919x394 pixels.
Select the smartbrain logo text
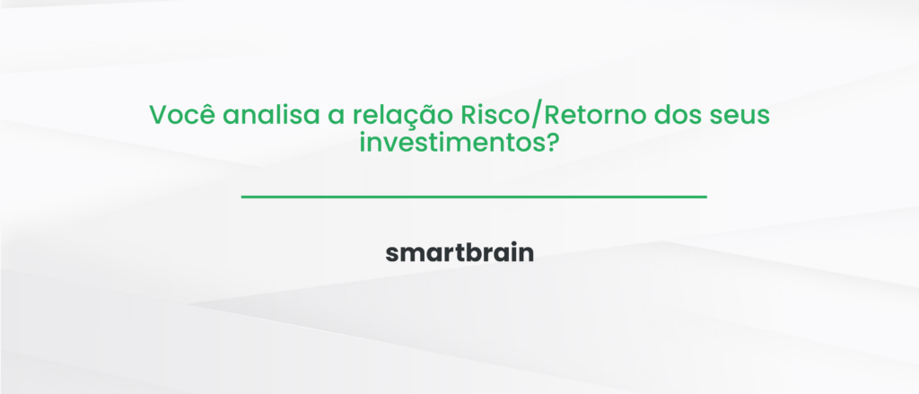click(459, 253)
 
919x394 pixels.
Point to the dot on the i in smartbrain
click(513, 244)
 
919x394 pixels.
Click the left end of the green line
click(243, 197)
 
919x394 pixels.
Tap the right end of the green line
click(705, 197)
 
